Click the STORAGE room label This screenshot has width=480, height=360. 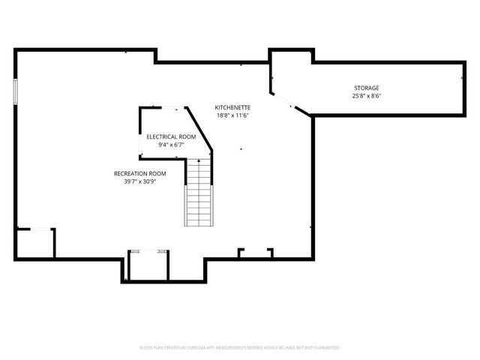click(x=366, y=88)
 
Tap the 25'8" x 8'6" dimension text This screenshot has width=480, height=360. click(x=366, y=96)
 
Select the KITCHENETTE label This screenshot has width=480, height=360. click(x=232, y=107)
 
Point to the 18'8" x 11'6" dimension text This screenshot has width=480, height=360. click(x=232, y=115)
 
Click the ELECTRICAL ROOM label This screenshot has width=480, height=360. click(x=171, y=136)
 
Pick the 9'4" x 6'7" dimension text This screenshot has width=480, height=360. click(x=171, y=145)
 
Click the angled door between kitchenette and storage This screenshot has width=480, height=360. click(x=285, y=101)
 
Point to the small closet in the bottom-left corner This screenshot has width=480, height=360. click(x=35, y=242)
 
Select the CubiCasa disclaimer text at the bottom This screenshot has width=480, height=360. click(x=240, y=348)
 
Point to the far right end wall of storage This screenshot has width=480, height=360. click(x=461, y=88)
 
